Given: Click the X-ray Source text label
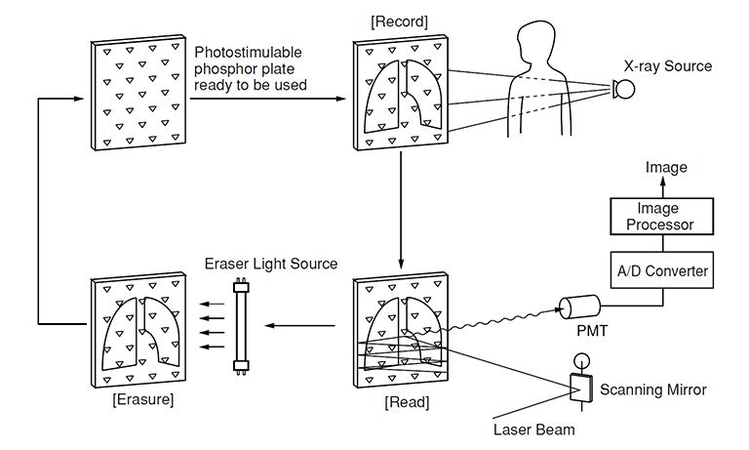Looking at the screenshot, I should coord(668,66).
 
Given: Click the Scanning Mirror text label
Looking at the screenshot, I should coord(653,389).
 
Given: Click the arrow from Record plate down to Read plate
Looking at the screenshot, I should coord(400,210).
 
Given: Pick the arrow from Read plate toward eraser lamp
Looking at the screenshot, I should coord(302,325).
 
